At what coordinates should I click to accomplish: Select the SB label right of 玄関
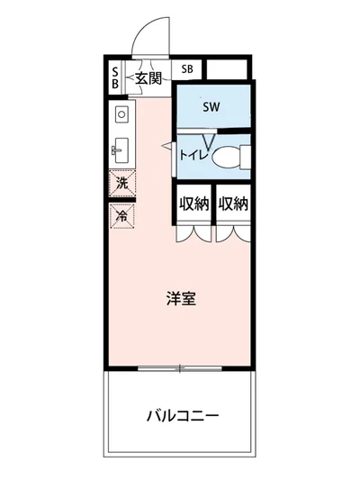click(x=186, y=68)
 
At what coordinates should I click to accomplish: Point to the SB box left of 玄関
click(x=116, y=78)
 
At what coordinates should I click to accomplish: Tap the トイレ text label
click(x=193, y=155)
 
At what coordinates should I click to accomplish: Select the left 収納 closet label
click(x=193, y=204)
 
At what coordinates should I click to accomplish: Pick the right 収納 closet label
click(x=232, y=204)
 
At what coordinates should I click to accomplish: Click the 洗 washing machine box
click(x=121, y=184)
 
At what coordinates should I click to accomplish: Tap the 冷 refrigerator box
click(x=121, y=215)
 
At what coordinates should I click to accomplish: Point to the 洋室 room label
click(x=180, y=299)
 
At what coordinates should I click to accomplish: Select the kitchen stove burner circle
click(x=122, y=115)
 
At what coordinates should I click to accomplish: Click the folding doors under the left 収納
click(x=193, y=232)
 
